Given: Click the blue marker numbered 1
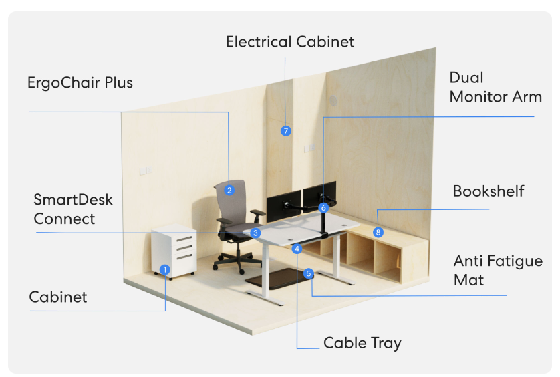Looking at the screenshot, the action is click(x=165, y=270).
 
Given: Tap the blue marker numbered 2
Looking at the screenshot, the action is click(x=229, y=190).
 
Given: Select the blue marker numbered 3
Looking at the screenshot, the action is click(x=255, y=233).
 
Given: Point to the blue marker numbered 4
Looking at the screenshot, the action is click(x=297, y=249).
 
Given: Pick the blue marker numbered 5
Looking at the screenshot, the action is click(x=308, y=273).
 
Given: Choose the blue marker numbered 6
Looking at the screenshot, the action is click(x=324, y=207).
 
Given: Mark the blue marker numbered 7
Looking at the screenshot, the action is click(x=286, y=130).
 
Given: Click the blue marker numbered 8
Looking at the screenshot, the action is click(x=378, y=232).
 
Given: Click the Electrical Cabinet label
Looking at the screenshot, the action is click(x=290, y=42).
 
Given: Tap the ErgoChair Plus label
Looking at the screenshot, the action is click(x=80, y=83).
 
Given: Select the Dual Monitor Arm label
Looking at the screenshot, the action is click(x=495, y=87).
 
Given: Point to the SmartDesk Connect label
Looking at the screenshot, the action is click(x=74, y=209).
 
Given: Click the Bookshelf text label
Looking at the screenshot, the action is click(x=488, y=191).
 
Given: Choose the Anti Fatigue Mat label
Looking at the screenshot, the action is click(x=498, y=269).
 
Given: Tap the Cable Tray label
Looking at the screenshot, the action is click(x=362, y=343).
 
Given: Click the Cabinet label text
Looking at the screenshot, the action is click(x=58, y=297).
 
